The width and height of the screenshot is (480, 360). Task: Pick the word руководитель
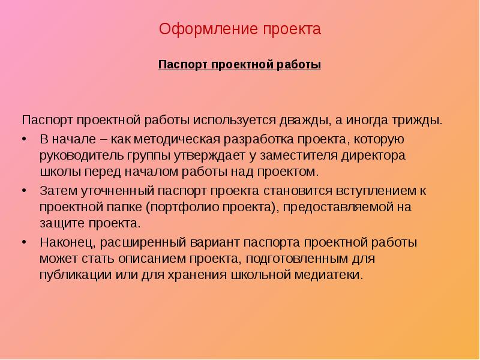coord(76,156)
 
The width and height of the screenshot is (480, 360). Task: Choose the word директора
coord(373,156)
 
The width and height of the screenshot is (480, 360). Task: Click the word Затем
coord(56,191)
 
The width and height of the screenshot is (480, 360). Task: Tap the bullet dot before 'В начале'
coord(25,140)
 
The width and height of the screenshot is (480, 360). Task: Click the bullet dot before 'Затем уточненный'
coord(25,191)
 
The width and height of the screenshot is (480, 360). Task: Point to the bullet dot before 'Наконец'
coord(25,243)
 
